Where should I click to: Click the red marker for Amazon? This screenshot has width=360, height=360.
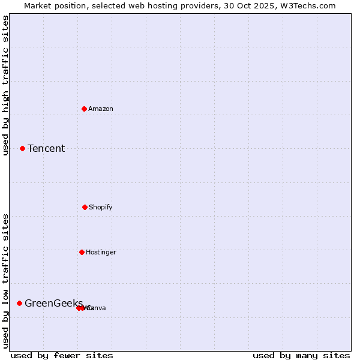pos(85,109)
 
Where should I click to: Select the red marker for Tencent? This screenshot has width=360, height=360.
pos(22,148)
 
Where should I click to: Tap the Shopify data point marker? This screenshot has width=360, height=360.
pos(85,207)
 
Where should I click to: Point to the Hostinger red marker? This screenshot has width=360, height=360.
pos(82,252)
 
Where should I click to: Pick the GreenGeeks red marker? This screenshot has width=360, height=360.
pos(19,303)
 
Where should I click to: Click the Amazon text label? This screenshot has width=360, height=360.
pos(101,109)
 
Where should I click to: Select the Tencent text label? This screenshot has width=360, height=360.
pos(46,149)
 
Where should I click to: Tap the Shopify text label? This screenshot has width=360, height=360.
pos(101,208)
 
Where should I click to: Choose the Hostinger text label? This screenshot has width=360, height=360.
pos(101,253)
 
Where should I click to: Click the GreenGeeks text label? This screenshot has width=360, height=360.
pos(53,304)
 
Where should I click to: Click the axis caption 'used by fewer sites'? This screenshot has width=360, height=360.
pos(62,356)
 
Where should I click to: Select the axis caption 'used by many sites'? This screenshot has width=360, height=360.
pos(301,356)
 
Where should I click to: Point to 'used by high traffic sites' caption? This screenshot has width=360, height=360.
pos(5,86)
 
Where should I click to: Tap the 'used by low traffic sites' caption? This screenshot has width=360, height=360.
pos(5,281)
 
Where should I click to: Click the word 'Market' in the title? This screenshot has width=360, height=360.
pos(38,6)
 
